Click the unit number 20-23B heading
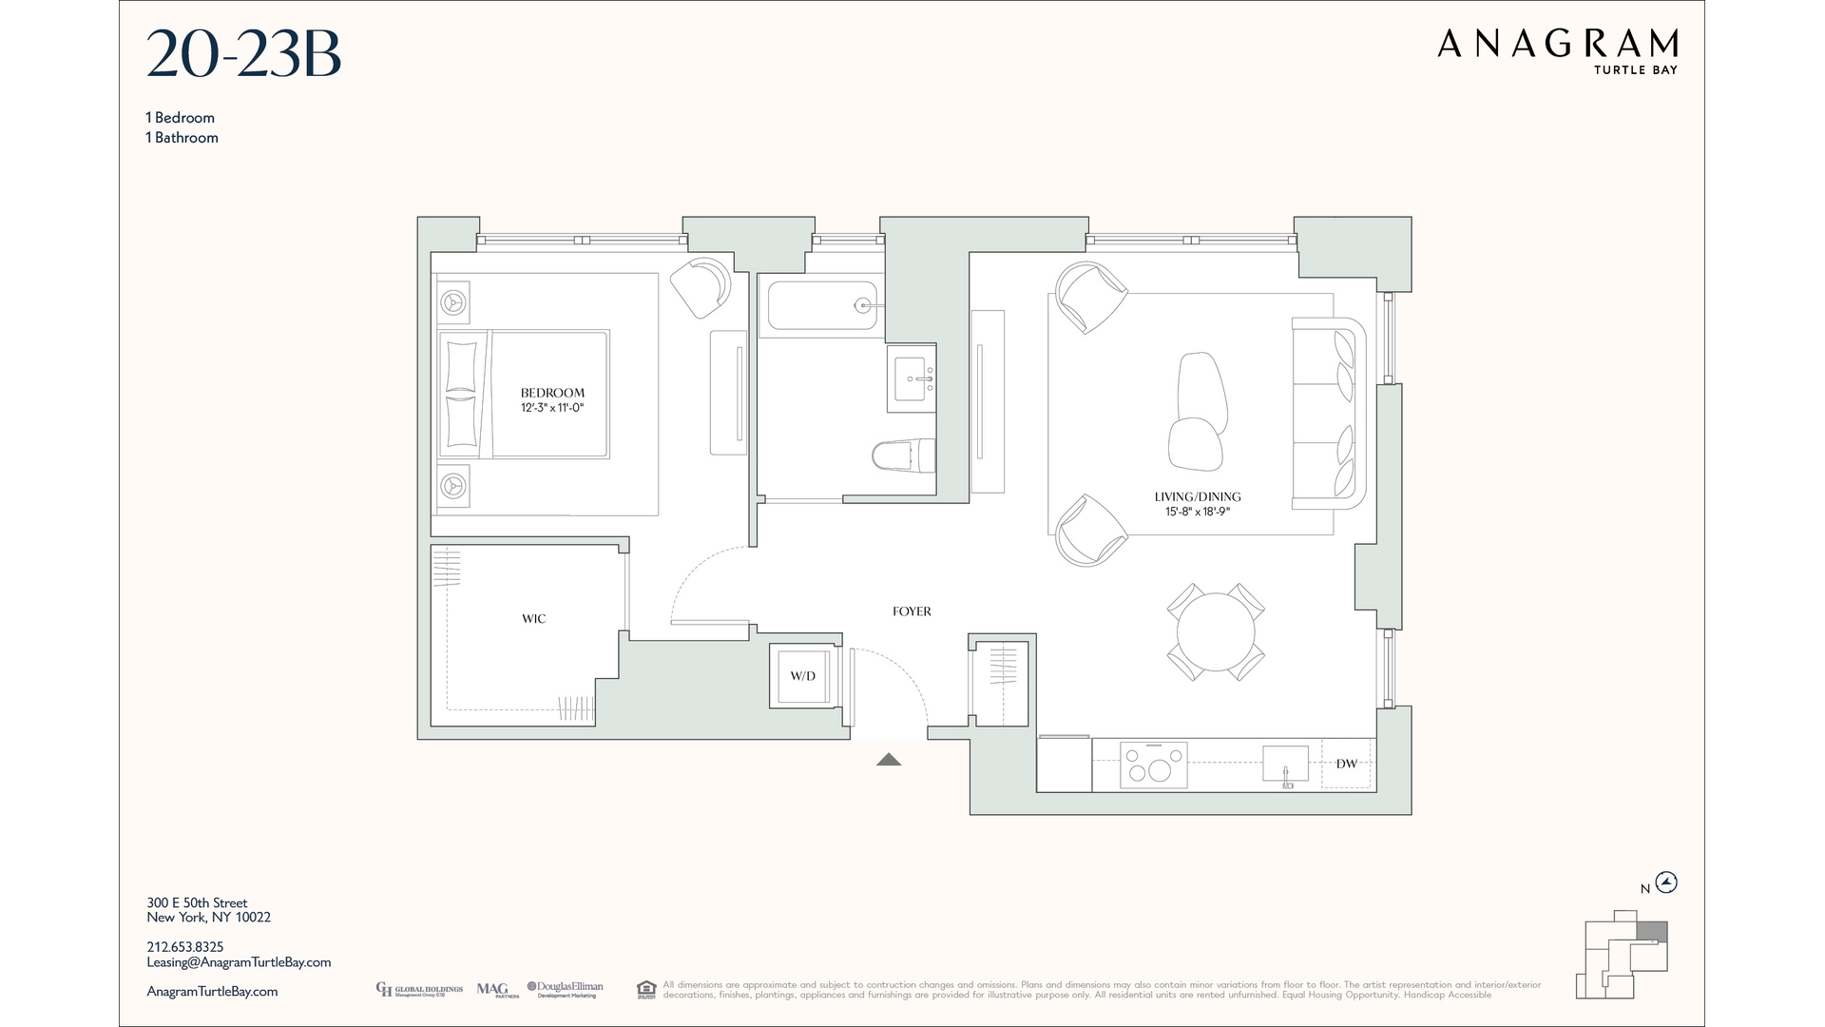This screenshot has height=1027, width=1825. point(243,55)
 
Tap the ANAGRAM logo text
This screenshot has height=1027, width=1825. point(1557,44)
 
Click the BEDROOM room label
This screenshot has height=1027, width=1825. point(552,393)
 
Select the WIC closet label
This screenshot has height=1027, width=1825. point(533,619)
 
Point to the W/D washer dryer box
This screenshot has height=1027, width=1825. point(803,676)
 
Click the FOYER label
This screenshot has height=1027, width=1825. point(912,611)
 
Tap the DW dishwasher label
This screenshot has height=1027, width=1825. point(1346,764)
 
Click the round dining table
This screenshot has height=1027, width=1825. point(1216,632)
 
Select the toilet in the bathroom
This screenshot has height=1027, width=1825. point(902,455)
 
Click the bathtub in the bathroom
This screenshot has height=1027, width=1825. point(821,305)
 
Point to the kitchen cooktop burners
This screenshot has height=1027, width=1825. point(1154,765)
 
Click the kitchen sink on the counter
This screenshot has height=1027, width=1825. point(1285,764)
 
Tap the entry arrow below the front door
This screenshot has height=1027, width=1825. point(889,759)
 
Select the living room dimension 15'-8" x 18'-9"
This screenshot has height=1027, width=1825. point(1197,512)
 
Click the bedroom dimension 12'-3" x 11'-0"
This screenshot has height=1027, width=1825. point(552,408)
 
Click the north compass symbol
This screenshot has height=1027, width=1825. point(1666,882)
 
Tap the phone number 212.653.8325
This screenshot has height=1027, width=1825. point(185,947)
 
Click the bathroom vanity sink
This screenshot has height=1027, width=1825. point(912,378)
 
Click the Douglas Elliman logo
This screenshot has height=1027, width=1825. point(565,990)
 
